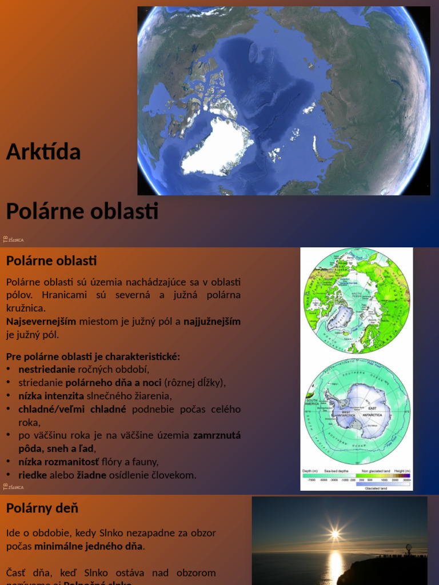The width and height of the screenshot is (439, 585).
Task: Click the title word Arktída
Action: pos(43,152)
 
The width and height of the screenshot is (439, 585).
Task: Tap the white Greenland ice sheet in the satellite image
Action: pos(216,147)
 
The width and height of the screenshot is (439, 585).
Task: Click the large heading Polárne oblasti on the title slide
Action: pos(82,211)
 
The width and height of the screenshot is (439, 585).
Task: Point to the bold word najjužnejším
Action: pos(212,321)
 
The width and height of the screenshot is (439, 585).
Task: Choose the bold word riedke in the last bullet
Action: pos(33,475)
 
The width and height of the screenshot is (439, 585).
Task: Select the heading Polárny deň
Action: pos(42,508)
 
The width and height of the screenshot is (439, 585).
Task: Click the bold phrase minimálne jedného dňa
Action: pos(88,546)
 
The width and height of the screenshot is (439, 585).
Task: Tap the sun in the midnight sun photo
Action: pos(335,534)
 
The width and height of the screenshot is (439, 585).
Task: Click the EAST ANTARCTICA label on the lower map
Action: pos(373,409)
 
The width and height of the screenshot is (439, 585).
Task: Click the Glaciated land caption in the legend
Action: pos(376,488)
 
